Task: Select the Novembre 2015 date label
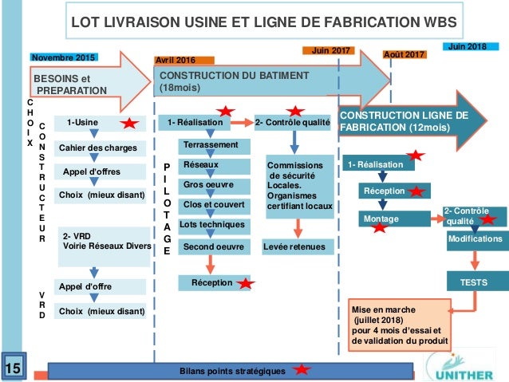coord(62,57)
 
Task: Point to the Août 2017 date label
coord(404,54)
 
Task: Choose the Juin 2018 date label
coord(467,47)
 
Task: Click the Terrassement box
coord(211,145)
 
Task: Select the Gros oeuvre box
coord(211,184)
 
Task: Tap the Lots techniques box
coord(211,226)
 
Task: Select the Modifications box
coord(475,238)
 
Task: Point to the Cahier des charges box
coord(98,148)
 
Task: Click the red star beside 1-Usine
coord(130,124)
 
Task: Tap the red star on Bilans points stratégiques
coord(301,370)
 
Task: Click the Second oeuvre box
coord(211,247)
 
